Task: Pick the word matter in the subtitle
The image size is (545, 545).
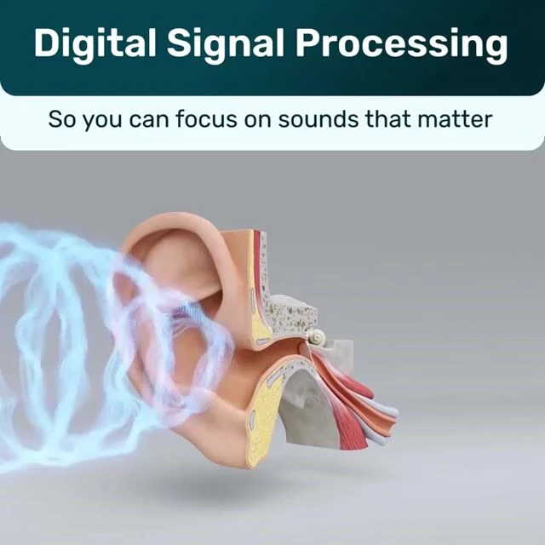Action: (x=461, y=118)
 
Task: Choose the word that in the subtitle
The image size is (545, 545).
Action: (x=390, y=118)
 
